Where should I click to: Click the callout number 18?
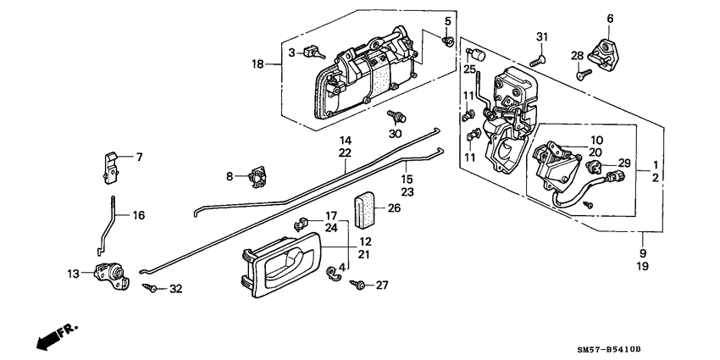(258, 64)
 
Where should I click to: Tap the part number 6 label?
(610, 18)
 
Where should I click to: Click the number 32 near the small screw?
(175, 289)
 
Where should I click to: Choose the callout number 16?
(139, 215)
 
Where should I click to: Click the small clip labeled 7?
(109, 166)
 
